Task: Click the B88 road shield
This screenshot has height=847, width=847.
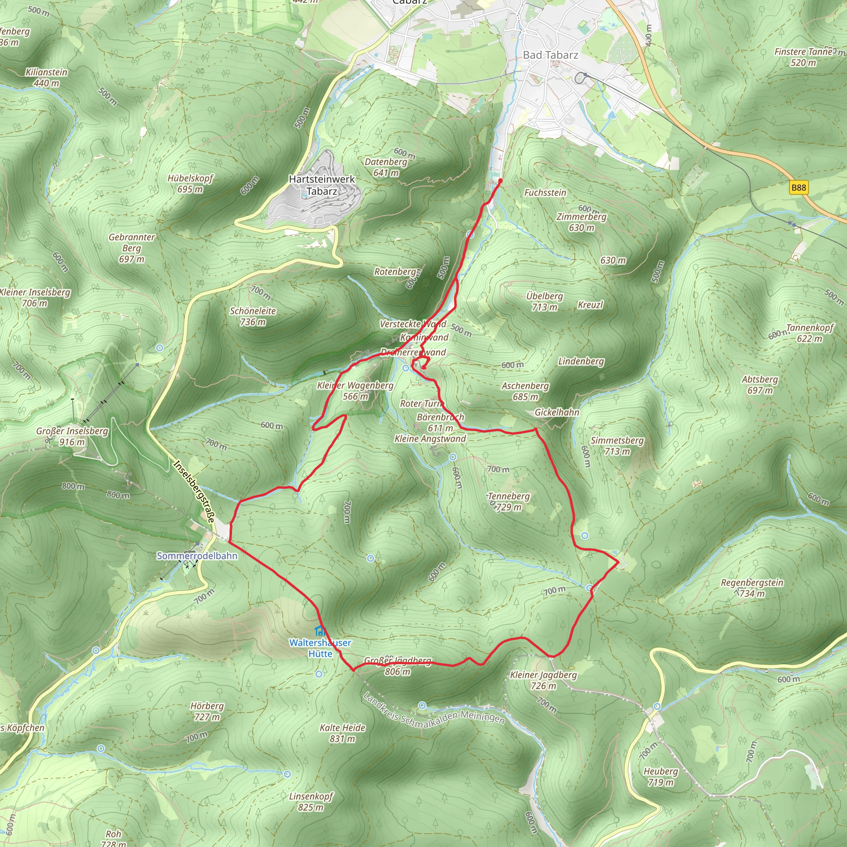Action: (x=798, y=188)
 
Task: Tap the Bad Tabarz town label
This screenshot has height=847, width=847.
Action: (x=550, y=55)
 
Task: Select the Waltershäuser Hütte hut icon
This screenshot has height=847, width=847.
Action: (x=321, y=631)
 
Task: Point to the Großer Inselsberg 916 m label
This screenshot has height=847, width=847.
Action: (x=72, y=436)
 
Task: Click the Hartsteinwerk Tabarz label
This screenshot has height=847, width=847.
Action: (x=322, y=185)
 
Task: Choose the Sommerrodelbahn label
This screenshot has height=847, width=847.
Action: (x=197, y=556)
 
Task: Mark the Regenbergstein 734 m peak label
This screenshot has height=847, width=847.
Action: (x=751, y=588)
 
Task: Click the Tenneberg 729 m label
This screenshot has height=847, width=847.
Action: (x=509, y=502)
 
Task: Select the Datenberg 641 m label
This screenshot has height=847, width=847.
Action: (x=386, y=167)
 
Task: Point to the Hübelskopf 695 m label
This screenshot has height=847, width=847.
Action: (x=190, y=184)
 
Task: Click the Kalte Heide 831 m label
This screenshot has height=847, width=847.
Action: (x=342, y=733)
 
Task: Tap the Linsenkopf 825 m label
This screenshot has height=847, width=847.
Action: (x=311, y=802)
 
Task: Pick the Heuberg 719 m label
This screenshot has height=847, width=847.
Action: (x=660, y=776)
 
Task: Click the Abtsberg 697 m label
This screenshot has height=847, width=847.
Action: (x=760, y=385)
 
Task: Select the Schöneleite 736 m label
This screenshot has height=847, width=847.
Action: (x=253, y=316)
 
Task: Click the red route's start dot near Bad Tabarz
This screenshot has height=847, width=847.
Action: (x=500, y=180)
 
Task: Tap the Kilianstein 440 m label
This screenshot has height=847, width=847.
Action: (x=46, y=77)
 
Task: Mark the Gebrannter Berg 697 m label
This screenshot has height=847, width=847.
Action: (x=132, y=248)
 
